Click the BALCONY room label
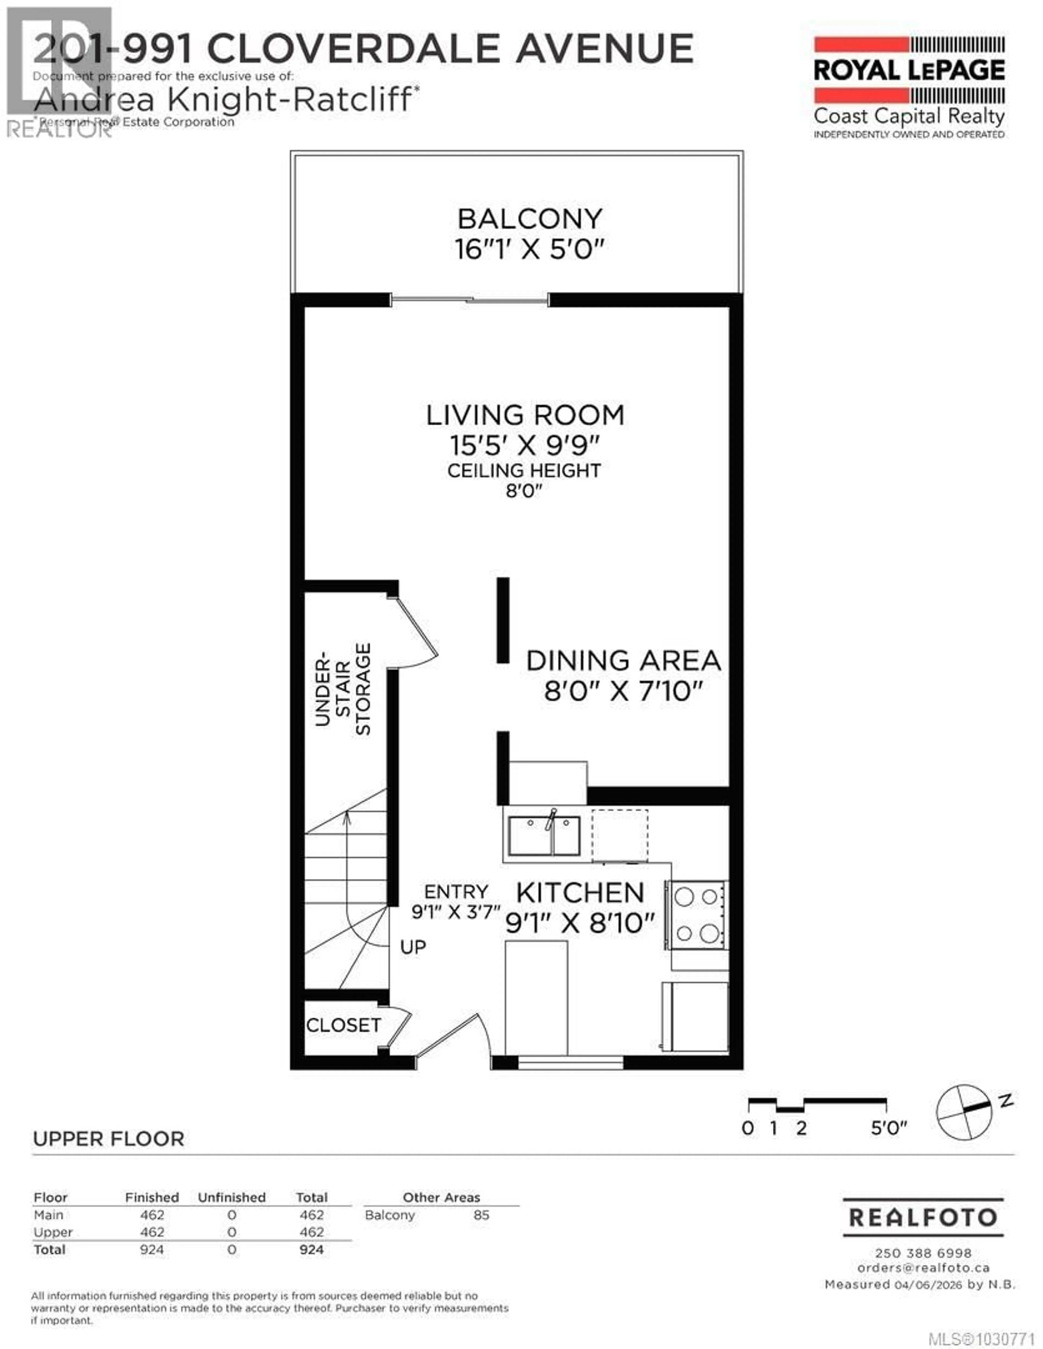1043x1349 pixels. (530, 219)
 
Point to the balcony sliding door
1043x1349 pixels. (470, 301)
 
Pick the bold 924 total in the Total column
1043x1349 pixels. (312, 1250)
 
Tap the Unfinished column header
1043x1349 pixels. (232, 1197)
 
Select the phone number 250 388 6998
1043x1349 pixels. (923, 1253)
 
